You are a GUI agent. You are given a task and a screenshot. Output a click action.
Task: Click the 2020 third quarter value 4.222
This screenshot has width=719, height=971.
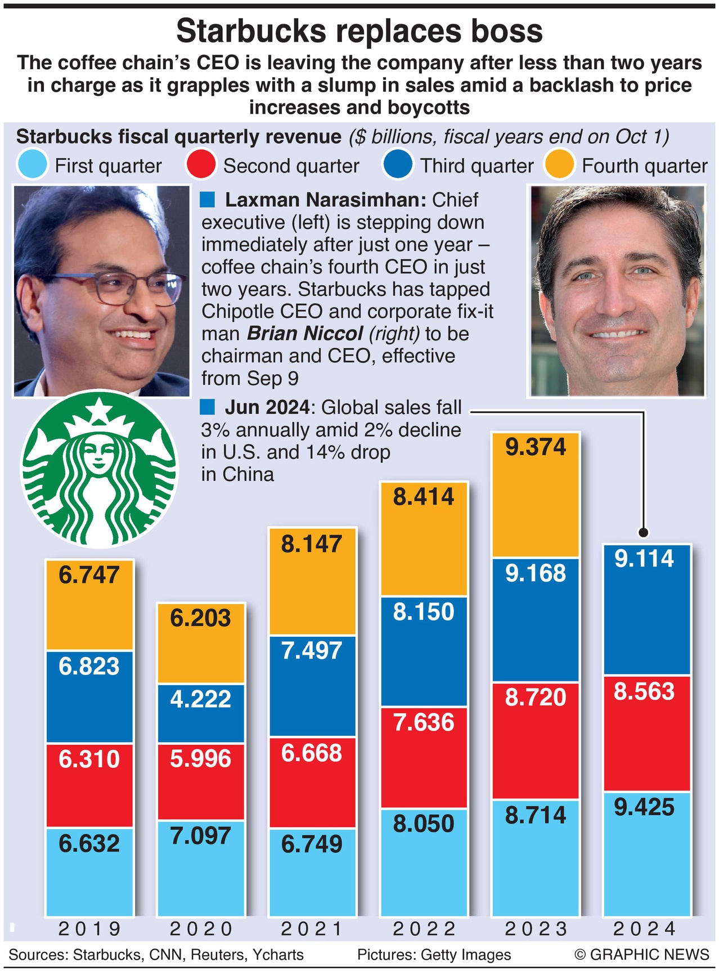click(x=201, y=699)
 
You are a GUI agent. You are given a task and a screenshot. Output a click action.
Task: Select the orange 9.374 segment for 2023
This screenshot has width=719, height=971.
click(x=535, y=495)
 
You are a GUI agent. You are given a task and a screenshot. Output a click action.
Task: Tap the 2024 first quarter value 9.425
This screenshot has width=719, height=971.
click(x=644, y=807)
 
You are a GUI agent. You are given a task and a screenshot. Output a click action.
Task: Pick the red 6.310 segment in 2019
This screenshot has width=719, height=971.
click(x=89, y=785)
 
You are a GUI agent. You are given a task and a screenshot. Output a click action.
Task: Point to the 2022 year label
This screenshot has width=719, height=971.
click(x=424, y=929)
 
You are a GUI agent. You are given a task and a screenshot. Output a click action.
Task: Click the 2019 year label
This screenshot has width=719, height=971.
click(x=89, y=929)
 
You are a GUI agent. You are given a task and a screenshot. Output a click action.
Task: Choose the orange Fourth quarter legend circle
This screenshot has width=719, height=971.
click(x=559, y=164)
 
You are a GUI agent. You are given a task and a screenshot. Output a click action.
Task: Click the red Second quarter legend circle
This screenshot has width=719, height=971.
click(x=200, y=164)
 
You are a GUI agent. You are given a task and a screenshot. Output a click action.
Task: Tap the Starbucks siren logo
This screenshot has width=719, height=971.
click(x=100, y=470)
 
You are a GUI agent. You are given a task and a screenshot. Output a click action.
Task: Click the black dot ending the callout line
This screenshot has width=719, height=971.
click(x=644, y=532)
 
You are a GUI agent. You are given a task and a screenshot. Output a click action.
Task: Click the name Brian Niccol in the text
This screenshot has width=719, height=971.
click(x=305, y=334)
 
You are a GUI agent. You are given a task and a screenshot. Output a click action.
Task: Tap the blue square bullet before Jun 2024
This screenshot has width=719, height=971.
click(x=208, y=406)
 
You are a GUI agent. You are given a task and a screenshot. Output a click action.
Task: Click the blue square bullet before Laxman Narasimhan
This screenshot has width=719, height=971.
click(x=208, y=199)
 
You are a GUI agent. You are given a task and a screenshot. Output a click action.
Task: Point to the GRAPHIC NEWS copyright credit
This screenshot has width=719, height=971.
click(x=641, y=955)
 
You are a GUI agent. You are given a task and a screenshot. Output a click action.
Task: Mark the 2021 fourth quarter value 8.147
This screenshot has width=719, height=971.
click(x=312, y=544)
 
